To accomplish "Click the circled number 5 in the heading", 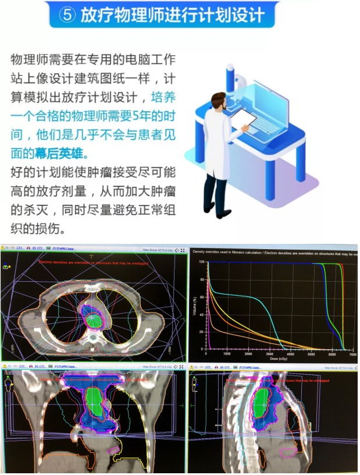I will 67,15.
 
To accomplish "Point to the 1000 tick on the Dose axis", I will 227,353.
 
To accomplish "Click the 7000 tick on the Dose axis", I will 353,353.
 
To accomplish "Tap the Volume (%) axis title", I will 194,306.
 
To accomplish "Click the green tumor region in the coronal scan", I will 95,402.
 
